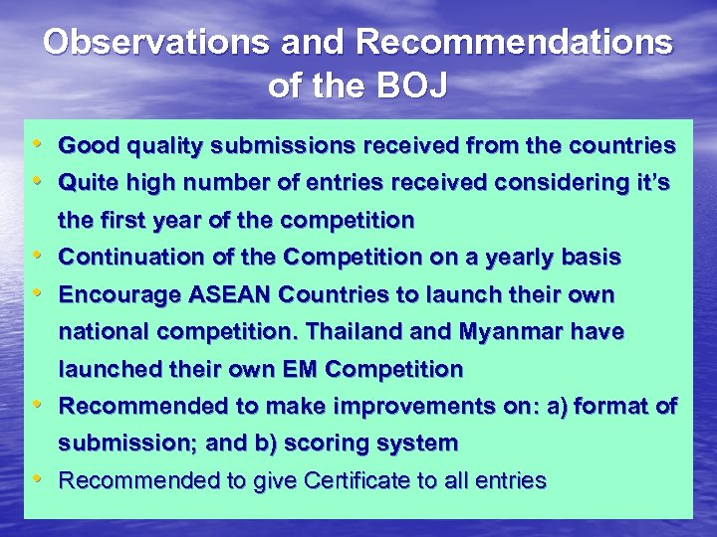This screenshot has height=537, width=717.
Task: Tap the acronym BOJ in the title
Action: tap(411, 86)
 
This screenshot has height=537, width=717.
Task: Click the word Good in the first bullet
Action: tap(84, 146)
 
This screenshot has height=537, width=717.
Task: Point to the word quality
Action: tap(152, 146)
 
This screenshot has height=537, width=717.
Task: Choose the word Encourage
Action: tap(113, 295)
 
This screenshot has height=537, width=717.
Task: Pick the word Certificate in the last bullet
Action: tap(358, 481)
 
